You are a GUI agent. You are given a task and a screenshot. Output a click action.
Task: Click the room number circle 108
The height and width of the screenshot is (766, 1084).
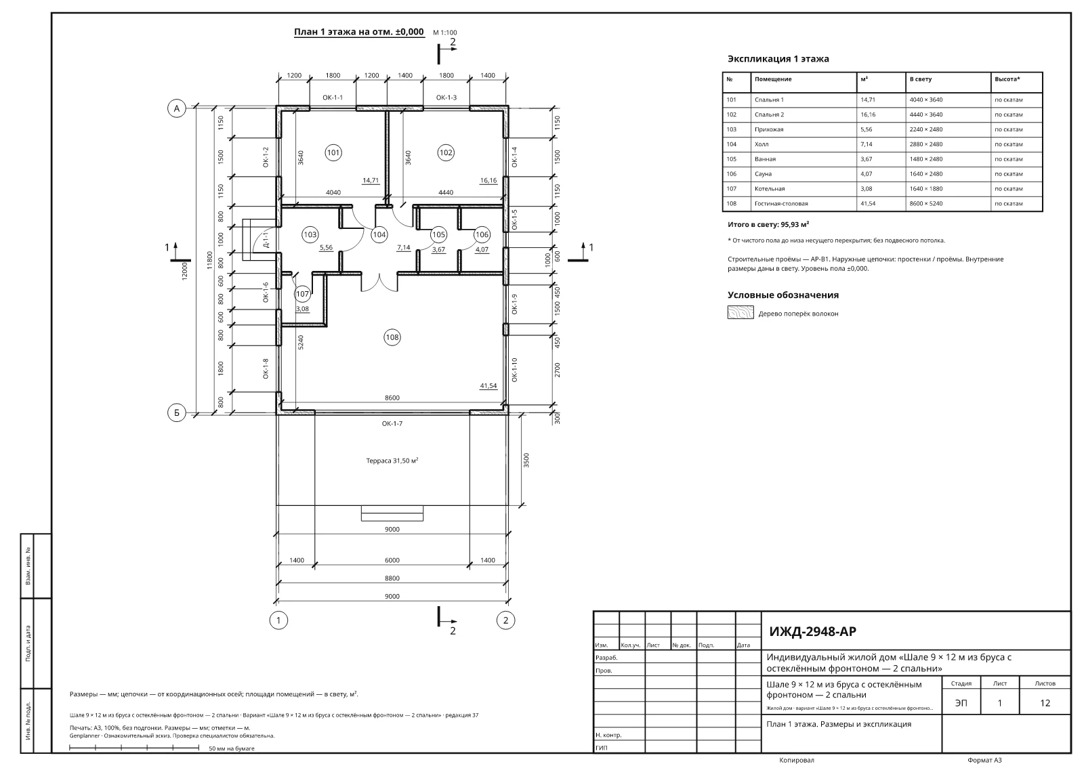tap(392, 337)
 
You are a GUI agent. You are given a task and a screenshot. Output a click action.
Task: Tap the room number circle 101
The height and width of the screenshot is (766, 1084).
tap(333, 153)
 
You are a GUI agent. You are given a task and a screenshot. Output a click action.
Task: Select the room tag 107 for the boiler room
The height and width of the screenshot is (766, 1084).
tap(302, 294)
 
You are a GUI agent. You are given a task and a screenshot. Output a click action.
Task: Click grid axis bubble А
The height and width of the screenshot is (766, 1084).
tap(177, 108)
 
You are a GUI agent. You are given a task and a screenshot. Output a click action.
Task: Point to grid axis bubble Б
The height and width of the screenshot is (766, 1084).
tap(177, 412)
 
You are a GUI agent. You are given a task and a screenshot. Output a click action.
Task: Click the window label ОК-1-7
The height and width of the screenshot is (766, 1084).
tap(392, 423)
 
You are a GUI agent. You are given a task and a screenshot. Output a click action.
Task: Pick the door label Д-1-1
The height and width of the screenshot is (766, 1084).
tap(265, 240)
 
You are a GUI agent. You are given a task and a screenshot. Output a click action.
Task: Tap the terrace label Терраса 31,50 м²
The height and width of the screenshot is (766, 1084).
tap(392, 461)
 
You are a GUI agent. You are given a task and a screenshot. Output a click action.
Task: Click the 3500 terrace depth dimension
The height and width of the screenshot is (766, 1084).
tap(526, 460)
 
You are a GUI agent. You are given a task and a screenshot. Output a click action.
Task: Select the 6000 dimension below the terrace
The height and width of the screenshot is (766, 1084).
tap(392, 560)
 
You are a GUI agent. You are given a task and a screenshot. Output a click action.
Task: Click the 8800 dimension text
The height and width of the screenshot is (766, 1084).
tap(392, 578)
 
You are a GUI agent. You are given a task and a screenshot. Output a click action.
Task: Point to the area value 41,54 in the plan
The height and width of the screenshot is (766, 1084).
tap(488, 385)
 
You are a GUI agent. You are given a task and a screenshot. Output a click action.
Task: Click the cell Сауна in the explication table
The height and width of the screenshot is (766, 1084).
tap(763, 173)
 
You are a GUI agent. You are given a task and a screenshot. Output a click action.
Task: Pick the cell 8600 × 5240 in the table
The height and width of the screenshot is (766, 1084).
tap(925, 204)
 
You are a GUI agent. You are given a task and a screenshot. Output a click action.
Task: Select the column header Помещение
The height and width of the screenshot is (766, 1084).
tap(773, 79)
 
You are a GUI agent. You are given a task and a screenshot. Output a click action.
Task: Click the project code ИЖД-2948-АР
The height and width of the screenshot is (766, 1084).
tap(812, 631)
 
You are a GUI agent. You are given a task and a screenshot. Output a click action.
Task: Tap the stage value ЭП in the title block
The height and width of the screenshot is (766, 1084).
tap(961, 702)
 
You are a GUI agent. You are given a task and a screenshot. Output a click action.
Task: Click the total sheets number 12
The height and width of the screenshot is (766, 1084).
tap(1045, 702)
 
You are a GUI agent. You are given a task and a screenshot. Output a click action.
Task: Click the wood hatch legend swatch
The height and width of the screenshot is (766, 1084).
tap(741, 313)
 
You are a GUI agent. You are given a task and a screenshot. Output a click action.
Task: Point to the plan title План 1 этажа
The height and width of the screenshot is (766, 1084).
tap(325, 32)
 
